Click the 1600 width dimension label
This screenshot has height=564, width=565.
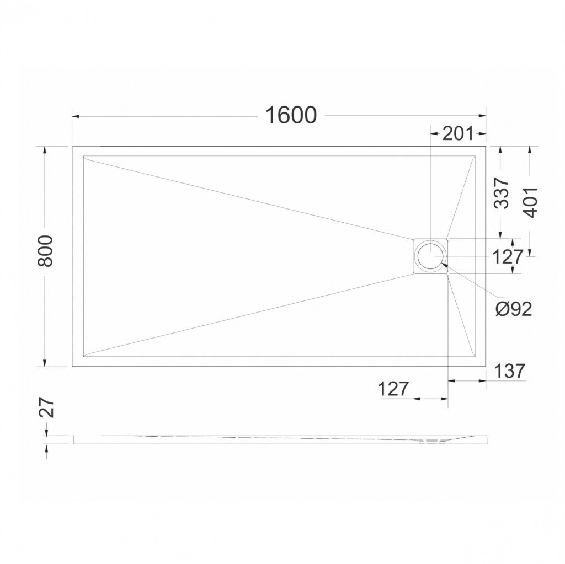point(291,115)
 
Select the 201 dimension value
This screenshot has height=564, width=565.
point(457,134)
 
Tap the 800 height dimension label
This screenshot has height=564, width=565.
point(45,251)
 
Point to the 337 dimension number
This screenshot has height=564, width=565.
point(501,193)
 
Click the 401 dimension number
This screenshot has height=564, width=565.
point(530,202)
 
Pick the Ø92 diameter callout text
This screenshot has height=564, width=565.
point(514,309)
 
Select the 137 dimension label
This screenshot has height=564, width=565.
point(509,371)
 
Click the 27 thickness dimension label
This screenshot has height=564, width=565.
point(46,408)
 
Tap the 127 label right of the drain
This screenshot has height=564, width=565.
point(507,257)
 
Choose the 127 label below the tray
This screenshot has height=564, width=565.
point(393,389)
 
